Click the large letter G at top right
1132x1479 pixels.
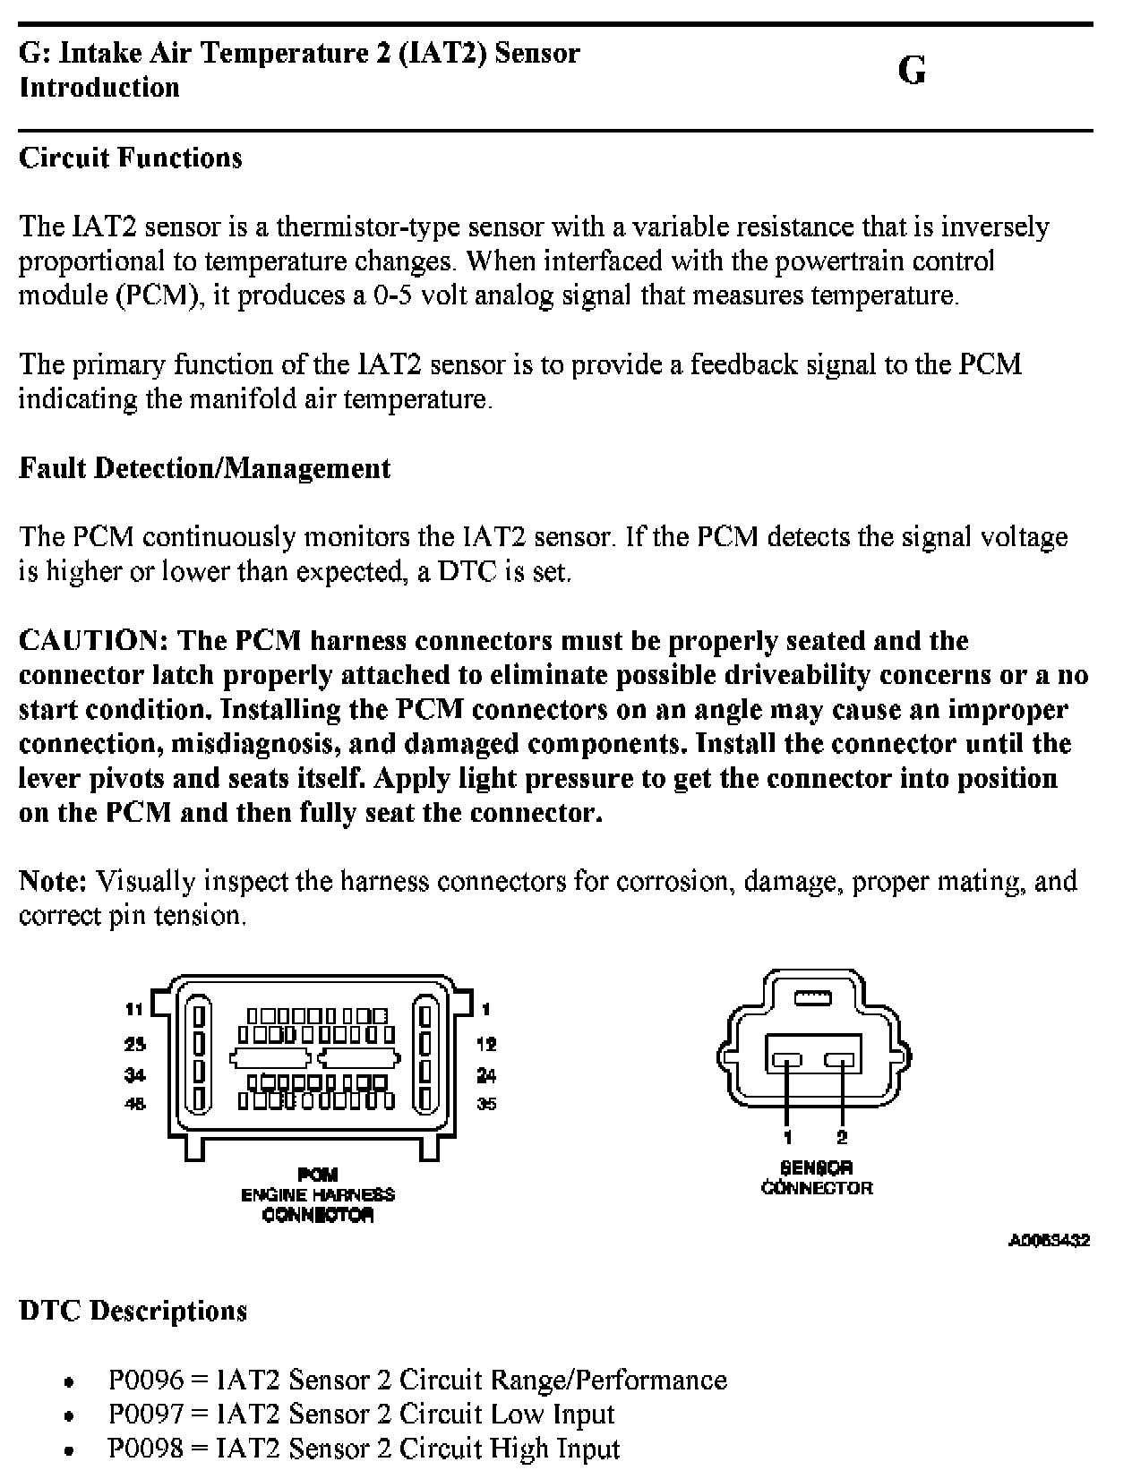click(911, 71)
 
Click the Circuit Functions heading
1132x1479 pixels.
click(131, 158)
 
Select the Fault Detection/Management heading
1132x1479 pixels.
click(204, 468)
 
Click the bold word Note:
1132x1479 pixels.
click(53, 881)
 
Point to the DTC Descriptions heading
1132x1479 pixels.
click(133, 1311)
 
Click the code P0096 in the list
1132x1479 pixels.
click(145, 1380)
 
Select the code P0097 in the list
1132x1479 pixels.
click(145, 1414)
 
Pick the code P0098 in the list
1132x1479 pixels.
click(145, 1448)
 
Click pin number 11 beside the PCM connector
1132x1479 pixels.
click(134, 1009)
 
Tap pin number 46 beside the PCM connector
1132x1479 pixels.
click(134, 1104)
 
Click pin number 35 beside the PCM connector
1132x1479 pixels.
click(486, 1104)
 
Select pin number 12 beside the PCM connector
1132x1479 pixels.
click(486, 1043)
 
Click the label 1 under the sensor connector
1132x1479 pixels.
click(788, 1138)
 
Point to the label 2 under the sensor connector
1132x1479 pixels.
click(842, 1138)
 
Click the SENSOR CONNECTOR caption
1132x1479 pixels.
click(816, 1178)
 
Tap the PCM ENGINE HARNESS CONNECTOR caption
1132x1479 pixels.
click(318, 1194)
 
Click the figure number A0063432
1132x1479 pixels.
click(1049, 1241)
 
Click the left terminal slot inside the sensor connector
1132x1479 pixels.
click(788, 1061)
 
